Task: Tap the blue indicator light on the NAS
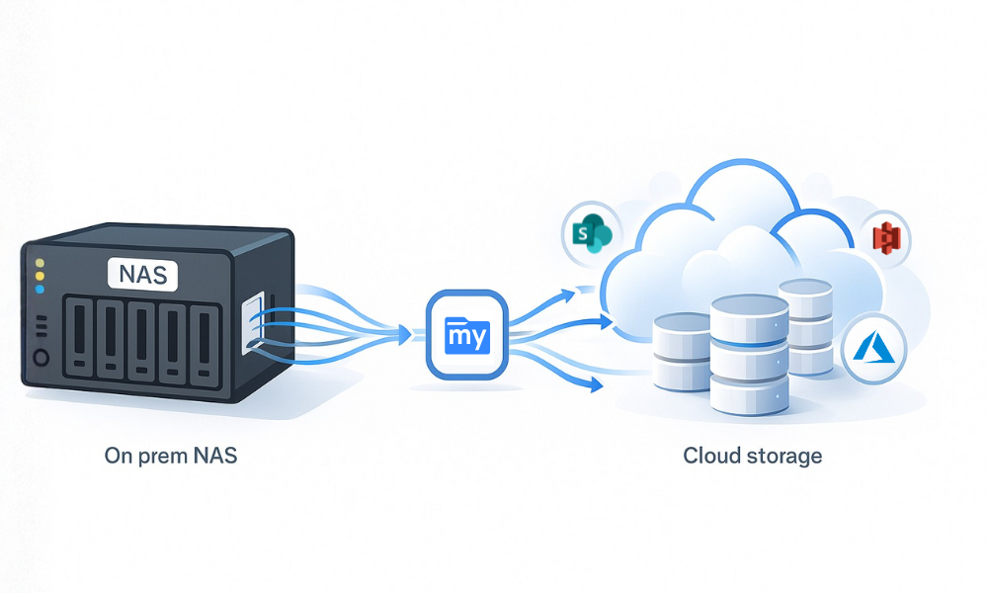pos(40,290)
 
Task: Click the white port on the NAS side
pos(252,319)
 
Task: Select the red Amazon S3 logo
pos(883,238)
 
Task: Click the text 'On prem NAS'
pos(171,457)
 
